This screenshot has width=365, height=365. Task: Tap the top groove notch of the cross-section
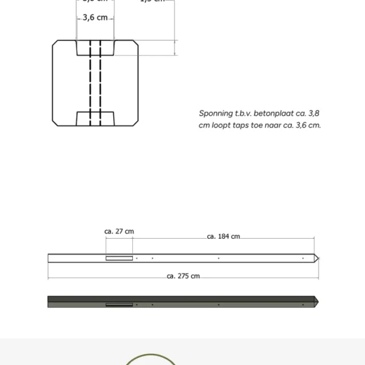click(x=95, y=48)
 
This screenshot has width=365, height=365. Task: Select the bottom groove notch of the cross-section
click(x=95, y=118)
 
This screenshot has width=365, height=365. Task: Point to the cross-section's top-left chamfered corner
click(x=55, y=43)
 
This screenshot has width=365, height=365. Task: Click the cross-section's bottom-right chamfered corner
click(x=135, y=123)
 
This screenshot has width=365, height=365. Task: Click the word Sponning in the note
click(x=214, y=113)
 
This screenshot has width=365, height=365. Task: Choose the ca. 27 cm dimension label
click(x=119, y=231)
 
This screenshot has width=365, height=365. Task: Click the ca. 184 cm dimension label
click(x=223, y=236)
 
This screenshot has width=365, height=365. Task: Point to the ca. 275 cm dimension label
click(x=183, y=276)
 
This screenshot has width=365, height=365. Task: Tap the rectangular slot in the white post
click(x=119, y=258)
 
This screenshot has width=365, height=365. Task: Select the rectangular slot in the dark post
click(x=119, y=304)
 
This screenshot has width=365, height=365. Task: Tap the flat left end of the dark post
click(x=49, y=302)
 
